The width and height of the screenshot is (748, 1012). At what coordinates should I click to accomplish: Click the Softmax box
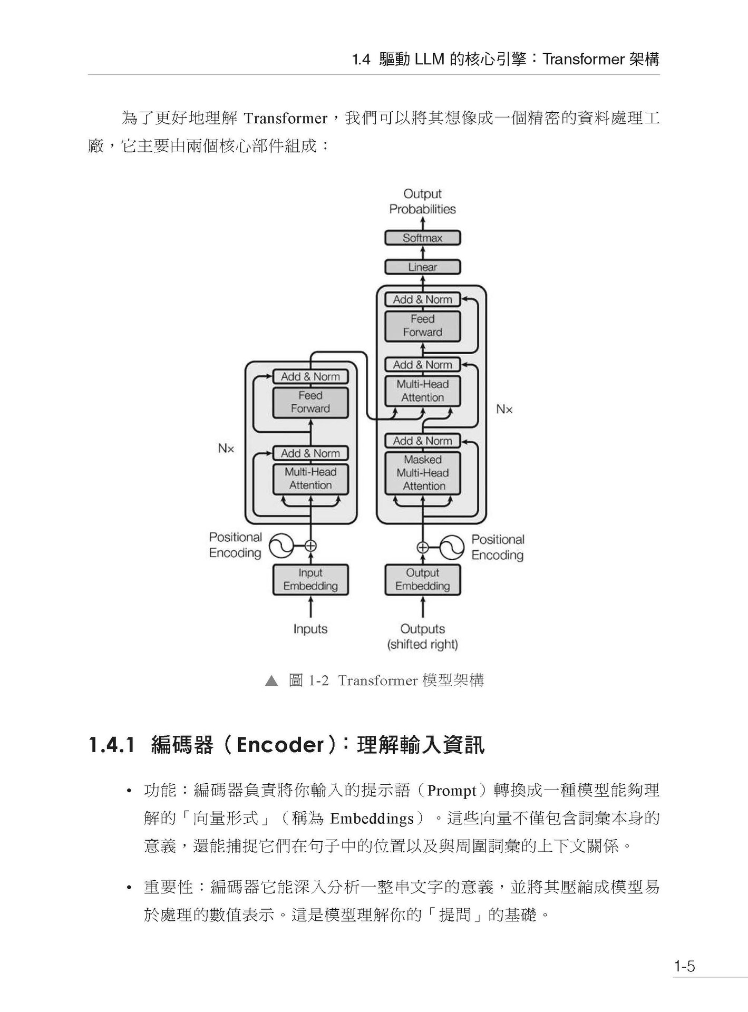[x=422, y=238]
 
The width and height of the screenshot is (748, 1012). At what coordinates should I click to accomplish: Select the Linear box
[x=422, y=267]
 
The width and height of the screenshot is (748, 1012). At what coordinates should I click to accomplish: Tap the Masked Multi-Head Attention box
[x=422, y=473]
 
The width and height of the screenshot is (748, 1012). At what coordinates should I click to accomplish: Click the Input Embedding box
[x=310, y=579]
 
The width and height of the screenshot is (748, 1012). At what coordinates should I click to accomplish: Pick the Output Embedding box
[x=422, y=579]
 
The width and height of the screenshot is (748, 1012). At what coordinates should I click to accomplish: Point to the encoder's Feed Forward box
[x=310, y=402]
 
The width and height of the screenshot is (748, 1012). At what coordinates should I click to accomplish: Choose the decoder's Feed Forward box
[x=422, y=326]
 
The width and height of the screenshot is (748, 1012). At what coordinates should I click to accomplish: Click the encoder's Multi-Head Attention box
[x=310, y=479]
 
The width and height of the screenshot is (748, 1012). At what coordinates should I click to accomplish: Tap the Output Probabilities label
[x=422, y=201]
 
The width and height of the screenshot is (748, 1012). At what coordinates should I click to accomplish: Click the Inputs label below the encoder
[x=310, y=629]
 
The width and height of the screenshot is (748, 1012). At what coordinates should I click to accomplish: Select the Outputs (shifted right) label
[x=422, y=636]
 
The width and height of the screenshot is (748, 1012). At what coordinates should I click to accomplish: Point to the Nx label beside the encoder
[x=226, y=449]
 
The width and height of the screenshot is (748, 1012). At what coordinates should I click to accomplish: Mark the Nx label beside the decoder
[x=504, y=409]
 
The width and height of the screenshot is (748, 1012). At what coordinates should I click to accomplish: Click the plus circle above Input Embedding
[x=310, y=546]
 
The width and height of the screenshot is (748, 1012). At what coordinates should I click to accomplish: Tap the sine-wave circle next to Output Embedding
[x=452, y=547]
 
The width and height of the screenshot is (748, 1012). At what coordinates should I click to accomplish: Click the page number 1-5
[x=684, y=966]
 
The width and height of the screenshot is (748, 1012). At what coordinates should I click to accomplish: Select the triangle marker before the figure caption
[x=271, y=681]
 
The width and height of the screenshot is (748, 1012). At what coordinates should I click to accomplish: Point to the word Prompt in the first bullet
[x=452, y=791]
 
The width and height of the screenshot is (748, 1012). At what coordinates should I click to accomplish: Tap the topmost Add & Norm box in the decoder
[x=422, y=299]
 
